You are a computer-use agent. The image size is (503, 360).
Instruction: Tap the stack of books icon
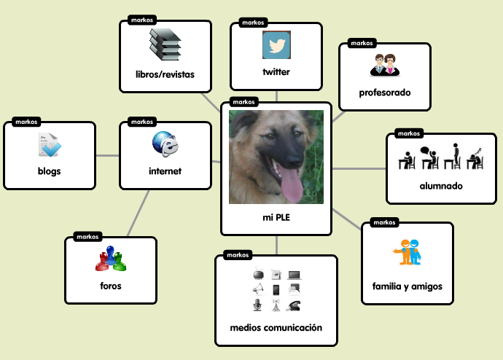tap(165, 45)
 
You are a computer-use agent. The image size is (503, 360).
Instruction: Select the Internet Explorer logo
tap(165, 144)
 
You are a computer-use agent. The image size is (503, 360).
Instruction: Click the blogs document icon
tap(50, 146)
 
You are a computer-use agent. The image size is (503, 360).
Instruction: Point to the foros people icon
tap(111, 258)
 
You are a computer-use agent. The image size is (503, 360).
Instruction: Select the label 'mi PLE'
tap(276, 217)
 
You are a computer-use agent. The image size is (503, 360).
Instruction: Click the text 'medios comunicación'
tap(276, 328)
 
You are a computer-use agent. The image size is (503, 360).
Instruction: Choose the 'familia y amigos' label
tap(408, 286)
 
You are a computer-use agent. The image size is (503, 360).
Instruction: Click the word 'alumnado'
tap(441, 186)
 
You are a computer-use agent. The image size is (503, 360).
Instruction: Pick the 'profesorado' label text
tap(385, 93)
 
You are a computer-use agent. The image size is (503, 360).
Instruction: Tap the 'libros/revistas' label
tap(165, 74)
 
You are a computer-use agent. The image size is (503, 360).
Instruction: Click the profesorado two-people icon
tap(384, 66)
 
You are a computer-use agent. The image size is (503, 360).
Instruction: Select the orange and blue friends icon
tap(407, 251)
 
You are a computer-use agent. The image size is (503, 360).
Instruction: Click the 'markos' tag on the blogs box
tap(26, 122)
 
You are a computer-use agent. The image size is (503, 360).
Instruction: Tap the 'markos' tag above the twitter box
tap(252, 23)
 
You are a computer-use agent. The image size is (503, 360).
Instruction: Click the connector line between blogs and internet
tap(107, 155)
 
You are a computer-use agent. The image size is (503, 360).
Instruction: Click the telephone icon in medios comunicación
tap(295, 305)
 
